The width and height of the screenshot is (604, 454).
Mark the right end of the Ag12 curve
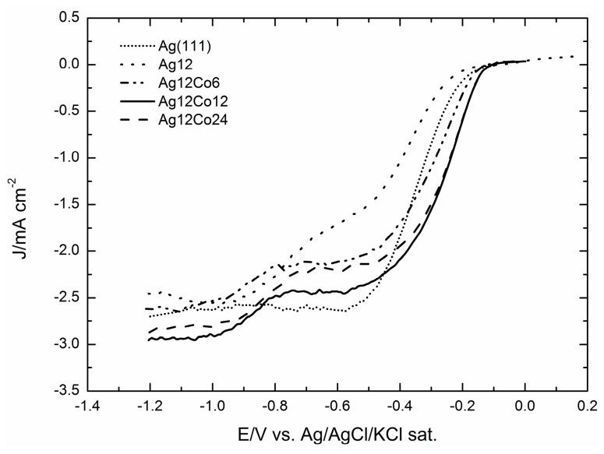click(x=575, y=56)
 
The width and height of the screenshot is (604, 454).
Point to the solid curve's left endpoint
click(x=149, y=340)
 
